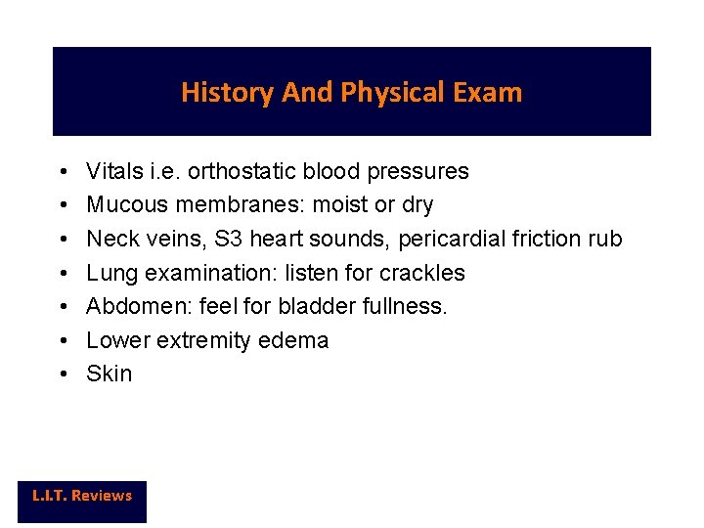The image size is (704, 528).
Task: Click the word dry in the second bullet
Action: tap(416, 205)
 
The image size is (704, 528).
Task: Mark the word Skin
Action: tap(109, 374)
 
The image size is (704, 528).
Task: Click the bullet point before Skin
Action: tap(62, 374)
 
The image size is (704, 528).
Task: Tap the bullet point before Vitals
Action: tap(62, 172)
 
